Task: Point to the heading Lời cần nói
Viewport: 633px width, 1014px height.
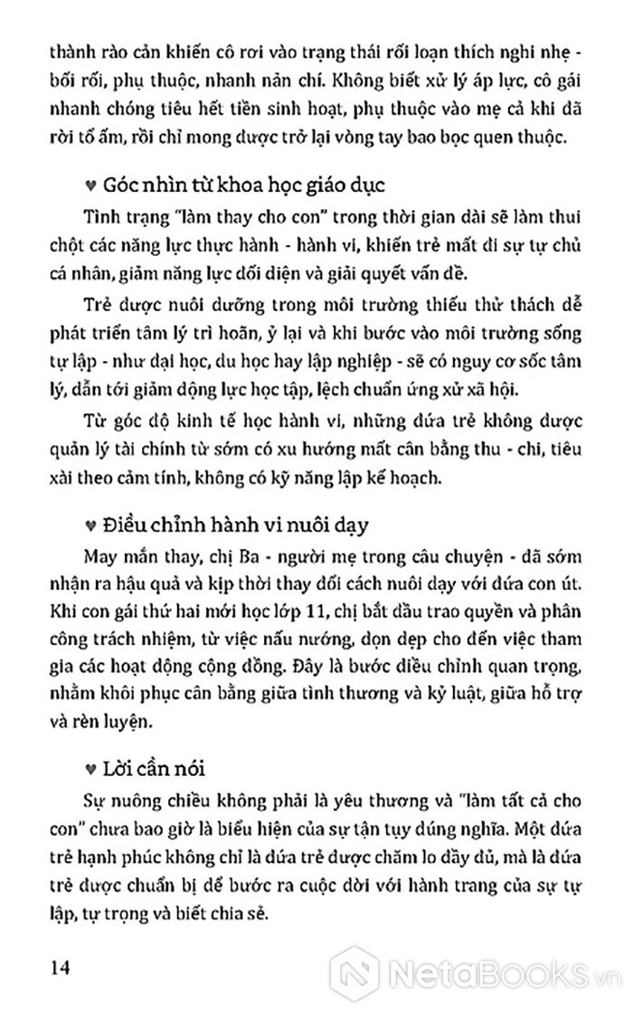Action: (x=161, y=768)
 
